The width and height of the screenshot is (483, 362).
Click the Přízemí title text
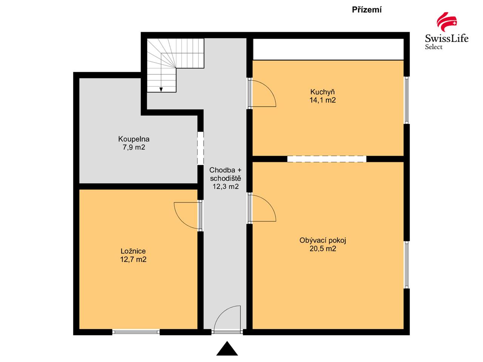[367, 10]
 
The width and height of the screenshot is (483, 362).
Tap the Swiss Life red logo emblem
[446, 22]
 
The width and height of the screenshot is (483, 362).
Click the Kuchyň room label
[322, 92]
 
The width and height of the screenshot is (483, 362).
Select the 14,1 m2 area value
[323, 100]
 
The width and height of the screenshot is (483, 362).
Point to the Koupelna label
[134, 139]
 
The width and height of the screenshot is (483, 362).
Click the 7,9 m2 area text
[134, 147]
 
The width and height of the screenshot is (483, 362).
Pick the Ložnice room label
[133, 251]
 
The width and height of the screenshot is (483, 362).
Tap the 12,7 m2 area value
[133, 259]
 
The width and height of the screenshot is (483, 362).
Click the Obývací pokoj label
[323, 241]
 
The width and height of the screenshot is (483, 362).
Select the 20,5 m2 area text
[323, 248]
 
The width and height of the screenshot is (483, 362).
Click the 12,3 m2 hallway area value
[226, 186]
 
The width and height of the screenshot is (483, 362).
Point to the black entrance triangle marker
[227, 348]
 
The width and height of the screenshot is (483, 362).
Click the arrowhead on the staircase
[161, 89]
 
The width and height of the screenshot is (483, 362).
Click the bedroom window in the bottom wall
[136, 332]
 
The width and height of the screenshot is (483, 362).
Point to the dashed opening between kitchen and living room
[327, 159]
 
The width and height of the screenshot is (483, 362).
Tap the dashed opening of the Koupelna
[200, 148]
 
